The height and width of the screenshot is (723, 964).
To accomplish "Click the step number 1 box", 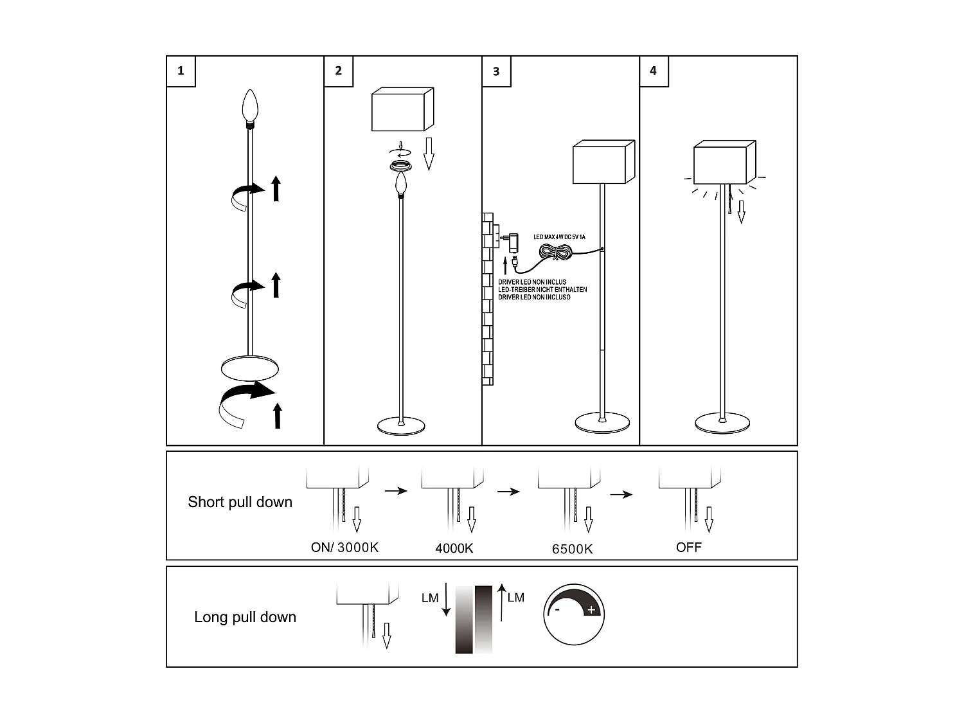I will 181,71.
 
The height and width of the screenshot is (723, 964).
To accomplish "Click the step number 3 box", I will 496,71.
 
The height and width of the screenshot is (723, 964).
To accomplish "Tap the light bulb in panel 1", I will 249,107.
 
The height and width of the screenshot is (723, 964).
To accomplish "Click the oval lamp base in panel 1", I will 250,368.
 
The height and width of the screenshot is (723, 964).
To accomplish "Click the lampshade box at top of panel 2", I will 402,110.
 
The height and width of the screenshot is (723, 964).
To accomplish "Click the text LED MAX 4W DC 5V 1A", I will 559,237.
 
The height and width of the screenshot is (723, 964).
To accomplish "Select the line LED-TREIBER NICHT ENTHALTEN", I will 542,290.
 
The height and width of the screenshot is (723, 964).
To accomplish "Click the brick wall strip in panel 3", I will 487,299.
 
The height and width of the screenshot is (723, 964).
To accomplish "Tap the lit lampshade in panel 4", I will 724,163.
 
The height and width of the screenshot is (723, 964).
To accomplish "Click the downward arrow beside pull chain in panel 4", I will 741,211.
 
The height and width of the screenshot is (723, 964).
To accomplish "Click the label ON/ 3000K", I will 344,548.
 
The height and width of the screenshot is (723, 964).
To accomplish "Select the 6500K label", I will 572,549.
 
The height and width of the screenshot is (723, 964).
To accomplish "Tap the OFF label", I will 689,548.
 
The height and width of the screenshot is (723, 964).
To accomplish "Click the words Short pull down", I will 240,502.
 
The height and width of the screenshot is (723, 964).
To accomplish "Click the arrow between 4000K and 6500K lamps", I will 508,492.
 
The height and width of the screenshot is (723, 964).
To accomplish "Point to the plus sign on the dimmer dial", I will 591,609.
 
